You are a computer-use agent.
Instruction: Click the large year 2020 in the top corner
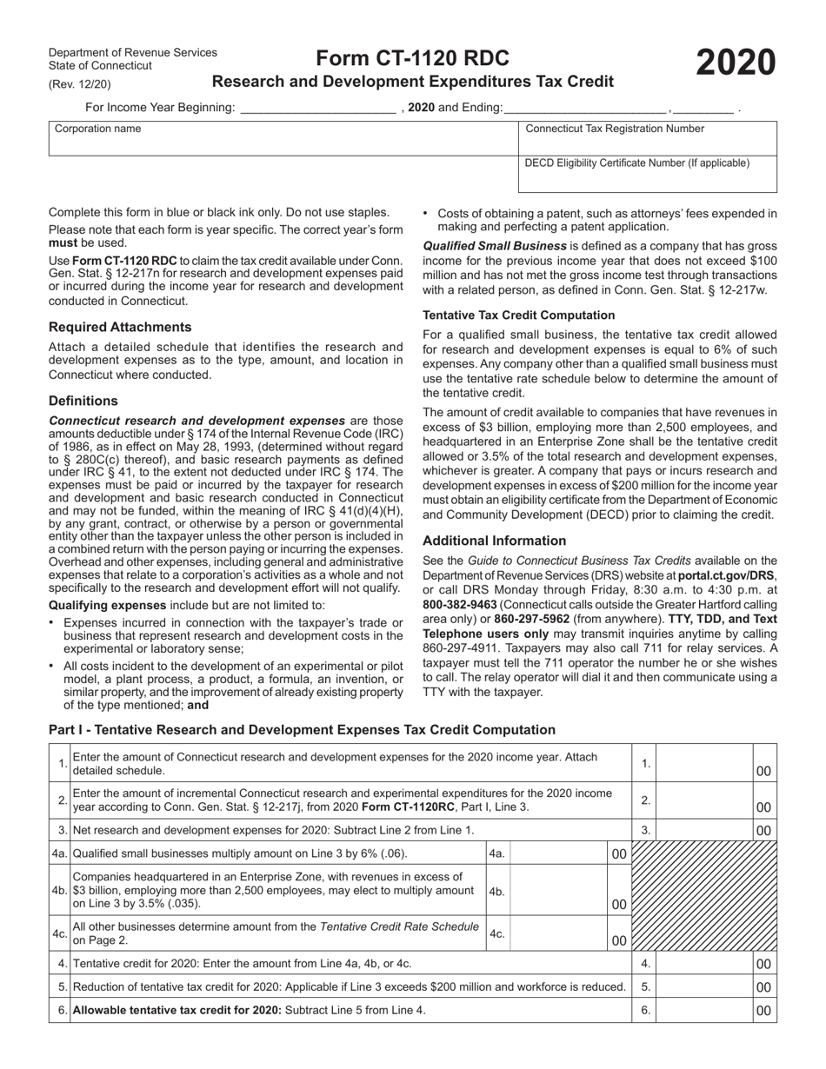click(x=735, y=63)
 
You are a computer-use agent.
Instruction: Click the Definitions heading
click(x=83, y=401)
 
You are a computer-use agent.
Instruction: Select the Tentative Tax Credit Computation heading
click(x=518, y=315)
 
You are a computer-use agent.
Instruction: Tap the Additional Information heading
click(x=494, y=541)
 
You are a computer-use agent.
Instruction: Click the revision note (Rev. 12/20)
click(x=80, y=84)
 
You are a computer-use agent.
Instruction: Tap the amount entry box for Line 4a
click(x=558, y=853)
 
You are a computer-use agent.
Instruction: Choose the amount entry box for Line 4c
click(x=558, y=933)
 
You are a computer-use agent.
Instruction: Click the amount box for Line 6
click(x=704, y=1010)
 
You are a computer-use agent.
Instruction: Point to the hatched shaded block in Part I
click(x=704, y=896)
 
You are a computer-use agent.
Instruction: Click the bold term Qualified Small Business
click(x=495, y=246)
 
